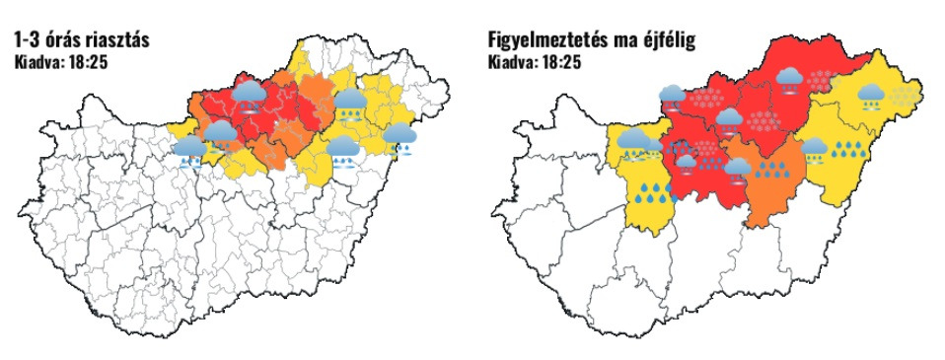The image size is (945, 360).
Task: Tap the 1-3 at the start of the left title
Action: (29, 41)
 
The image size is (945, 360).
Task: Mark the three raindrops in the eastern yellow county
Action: (846, 150)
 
